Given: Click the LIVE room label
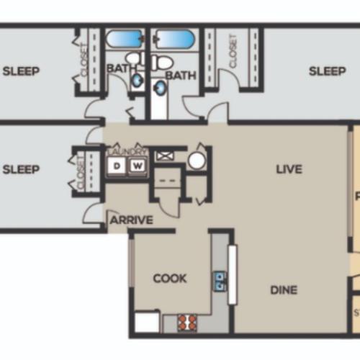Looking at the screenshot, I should click(289, 170).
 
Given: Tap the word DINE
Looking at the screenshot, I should click(284, 290).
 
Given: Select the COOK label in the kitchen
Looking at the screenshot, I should click(170, 278).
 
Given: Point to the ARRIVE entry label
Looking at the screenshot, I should click(131, 220).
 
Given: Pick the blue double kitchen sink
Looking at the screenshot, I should click(218, 280).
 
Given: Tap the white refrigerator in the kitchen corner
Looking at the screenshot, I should click(146, 321).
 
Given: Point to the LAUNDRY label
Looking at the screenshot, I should click(127, 152).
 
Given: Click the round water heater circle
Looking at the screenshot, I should click(197, 160).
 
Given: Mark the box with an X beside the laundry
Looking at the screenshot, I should click(163, 154).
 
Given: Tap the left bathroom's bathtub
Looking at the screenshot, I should click(126, 39).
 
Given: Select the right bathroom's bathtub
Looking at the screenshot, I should click(174, 39).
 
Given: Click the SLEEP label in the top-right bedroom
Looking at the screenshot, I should click(328, 71).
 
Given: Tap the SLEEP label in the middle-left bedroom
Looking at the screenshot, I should click(21, 170).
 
